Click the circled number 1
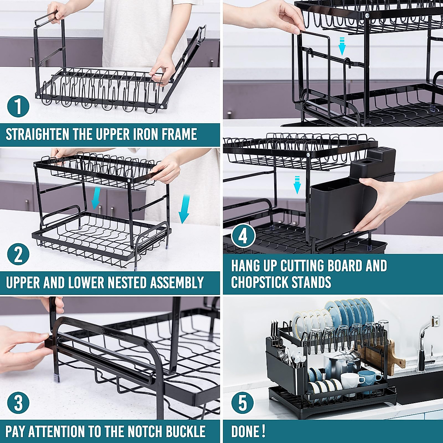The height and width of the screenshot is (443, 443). pos(18,106)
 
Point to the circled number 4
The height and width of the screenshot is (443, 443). pos(243,236)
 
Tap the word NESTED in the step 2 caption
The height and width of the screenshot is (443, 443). pos(126,283)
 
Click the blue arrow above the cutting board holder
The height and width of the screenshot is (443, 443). pos(342,46)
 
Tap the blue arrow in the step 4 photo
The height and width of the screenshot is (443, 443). pos(297,185)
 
